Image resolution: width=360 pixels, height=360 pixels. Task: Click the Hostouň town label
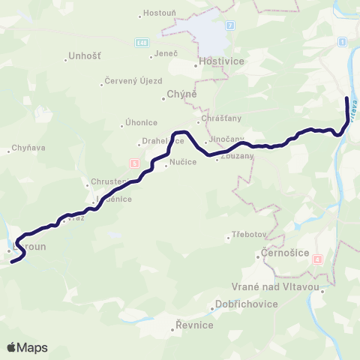pyautogui.click(x=160, y=13)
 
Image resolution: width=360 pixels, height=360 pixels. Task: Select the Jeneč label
pyautogui.click(x=165, y=54)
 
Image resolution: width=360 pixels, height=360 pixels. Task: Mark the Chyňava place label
pyautogui.click(x=28, y=148)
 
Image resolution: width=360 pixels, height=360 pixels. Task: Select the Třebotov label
pyautogui.click(x=247, y=235)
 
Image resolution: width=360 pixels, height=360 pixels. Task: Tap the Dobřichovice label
pyautogui.click(x=245, y=304)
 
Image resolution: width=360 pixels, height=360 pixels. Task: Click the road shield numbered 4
pyautogui.click(x=318, y=260)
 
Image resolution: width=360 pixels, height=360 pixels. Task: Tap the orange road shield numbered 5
pyautogui.click(x=134, y=163)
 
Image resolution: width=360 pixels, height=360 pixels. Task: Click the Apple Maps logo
pyautogui.click(x=27, y=347)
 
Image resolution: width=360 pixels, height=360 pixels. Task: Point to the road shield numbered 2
pyautogui.click(x=230, y=25)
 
